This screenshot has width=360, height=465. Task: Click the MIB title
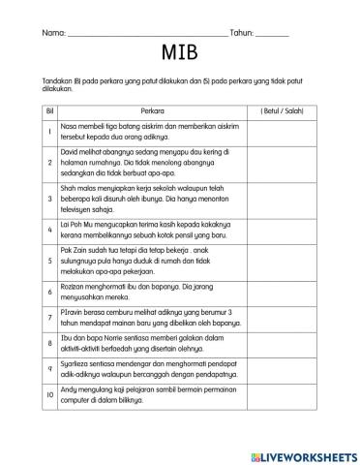[x=179, y=51]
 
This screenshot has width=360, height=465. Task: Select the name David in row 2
[x=70, y=152]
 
